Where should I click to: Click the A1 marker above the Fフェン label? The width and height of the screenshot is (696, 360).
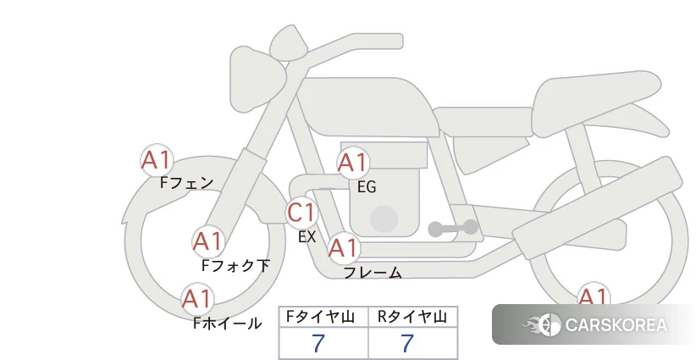coord(157,160)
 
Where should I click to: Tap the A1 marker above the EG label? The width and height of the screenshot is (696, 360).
coord(353,163)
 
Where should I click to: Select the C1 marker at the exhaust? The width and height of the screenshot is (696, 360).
coord(301,213)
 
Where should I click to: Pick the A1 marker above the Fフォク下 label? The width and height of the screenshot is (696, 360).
coord(207,242)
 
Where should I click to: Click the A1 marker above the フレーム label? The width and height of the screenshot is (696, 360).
coord(344,248)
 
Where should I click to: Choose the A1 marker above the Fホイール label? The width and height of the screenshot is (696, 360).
coord(197,299)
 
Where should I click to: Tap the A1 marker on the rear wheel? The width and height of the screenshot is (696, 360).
coord(593,296)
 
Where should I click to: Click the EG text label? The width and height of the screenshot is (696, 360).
coord(367,187)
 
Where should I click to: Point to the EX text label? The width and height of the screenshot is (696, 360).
coord(307,237)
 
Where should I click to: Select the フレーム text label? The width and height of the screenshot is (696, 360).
coord(373,273)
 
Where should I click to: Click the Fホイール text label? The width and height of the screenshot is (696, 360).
coord(227,324)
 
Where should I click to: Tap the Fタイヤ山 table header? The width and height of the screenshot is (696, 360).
coord(320,317)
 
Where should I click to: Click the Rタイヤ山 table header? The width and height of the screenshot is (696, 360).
coord(412,317)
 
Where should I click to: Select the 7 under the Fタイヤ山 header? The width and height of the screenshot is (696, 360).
coord(318,344)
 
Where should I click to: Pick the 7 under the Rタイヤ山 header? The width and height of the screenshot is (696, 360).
coord(407,344)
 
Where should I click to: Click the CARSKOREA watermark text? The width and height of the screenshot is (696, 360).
coord(616,325)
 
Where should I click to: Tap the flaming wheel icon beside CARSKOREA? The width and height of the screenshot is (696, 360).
coord(542,325)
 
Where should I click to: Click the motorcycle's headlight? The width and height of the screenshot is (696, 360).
coord(257,79)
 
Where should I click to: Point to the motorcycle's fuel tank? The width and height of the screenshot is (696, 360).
coord(368,108)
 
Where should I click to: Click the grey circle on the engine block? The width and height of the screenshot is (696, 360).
coord(384,219)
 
